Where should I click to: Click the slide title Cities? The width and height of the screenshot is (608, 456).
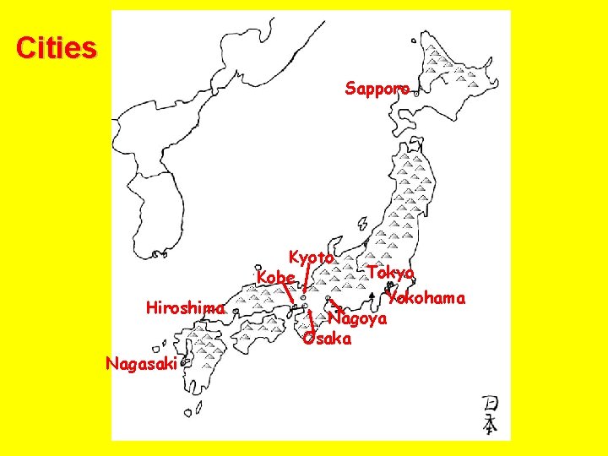(x=56, y=48)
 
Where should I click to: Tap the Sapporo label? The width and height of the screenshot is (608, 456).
(x=377, y=88)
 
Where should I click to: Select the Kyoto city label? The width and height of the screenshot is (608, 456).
(x=312, y=257)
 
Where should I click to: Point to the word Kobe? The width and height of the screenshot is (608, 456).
(x=276, y=277)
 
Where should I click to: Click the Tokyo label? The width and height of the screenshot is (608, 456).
(x=391, y=273)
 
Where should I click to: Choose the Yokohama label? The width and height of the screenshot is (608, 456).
(x=426, y=298)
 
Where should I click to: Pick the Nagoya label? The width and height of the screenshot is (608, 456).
(x=358, y=319)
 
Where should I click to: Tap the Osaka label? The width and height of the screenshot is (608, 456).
(x=327, y=338)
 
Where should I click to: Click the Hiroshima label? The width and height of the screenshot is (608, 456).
(x=185, y=308)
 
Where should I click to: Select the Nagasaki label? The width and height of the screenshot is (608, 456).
(x=140, y=364)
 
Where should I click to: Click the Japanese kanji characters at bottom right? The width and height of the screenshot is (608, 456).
(x=489, y=415)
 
